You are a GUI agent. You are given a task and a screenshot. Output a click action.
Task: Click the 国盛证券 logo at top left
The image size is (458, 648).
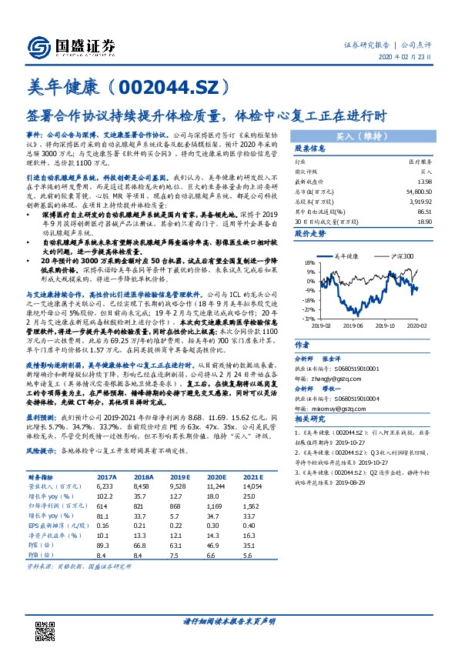[x=69, y=46]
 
